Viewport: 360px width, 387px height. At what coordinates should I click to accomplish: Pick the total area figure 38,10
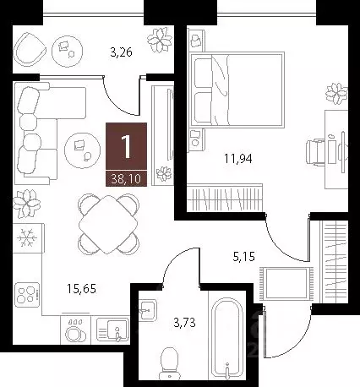click(126, 178)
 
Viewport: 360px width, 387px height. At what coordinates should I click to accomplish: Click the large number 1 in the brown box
click(126, 149)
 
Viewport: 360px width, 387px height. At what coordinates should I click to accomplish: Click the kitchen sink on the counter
click(112, 328)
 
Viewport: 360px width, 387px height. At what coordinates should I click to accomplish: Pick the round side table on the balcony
click(65, 50)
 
